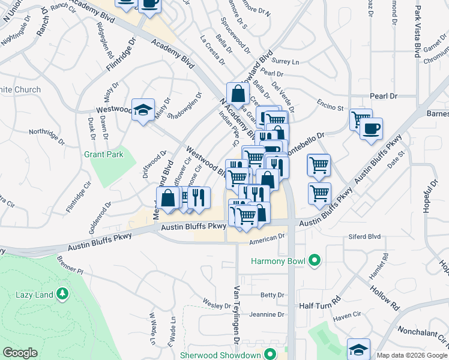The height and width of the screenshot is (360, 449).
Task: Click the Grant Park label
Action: click(103, 154)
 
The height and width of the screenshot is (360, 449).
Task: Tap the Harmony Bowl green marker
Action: click(313, 261)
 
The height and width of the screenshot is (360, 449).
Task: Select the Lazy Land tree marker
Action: click(62, 294)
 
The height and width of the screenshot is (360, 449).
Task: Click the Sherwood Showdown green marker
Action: click(271, 355)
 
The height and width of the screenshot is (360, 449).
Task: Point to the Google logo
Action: click(20, 353)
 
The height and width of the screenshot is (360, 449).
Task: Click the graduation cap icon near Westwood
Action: click(143, 110)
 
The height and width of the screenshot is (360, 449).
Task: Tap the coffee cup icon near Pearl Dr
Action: click(371, 128)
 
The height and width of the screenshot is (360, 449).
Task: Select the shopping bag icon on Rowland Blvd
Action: click(238, 93)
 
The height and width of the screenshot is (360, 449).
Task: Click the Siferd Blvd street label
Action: click(365, 237)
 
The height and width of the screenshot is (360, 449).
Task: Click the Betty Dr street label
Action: click(272, 295)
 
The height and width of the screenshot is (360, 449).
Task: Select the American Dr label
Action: click(267, 238)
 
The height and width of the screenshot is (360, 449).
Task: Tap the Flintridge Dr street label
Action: click(122, 55)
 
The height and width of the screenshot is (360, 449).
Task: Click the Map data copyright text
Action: click(411, 355)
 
